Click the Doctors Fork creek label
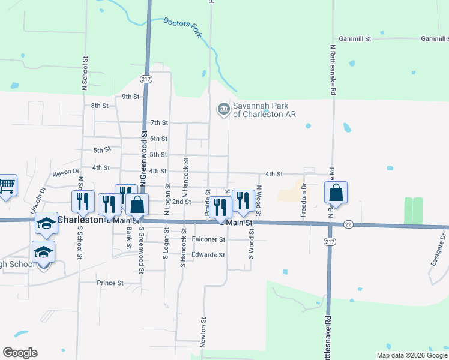[x=182, y=28]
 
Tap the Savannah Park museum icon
[x=223, y=109]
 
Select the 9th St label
[x=130, y=97]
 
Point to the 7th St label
[x=159, y=122]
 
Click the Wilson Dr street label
[x=65, y=173]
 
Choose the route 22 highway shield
[x=348, y=224]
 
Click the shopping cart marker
[x=7, y=185]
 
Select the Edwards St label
[x=208, y=255]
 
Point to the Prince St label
[x=110, y=283]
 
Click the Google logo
[x=20, y=353]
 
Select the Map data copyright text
[x=411, y=355]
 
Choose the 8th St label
[x=100, y=106]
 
